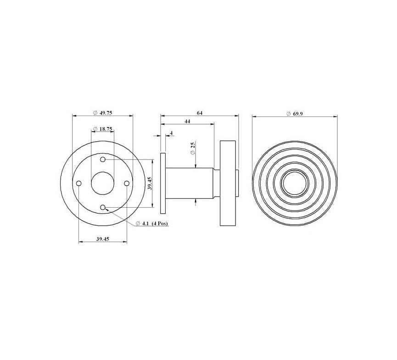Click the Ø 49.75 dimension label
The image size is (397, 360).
(x=102, y=113)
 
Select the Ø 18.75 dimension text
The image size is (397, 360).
(x=102, y=129)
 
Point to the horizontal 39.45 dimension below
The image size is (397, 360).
(x=103, y=239)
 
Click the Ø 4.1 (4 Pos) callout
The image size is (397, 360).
(x=152, y=223)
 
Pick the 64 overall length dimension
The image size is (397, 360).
(x=200, y=113)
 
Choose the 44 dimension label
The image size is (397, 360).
(x=187, y=121)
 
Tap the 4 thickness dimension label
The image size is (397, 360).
(x=171, y=133)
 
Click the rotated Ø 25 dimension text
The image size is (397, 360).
(x=193, y=149)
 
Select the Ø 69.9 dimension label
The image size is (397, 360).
(x=295, y=114)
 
